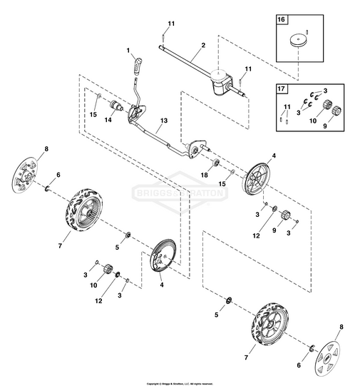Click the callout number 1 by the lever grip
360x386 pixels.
[x=128, y=51]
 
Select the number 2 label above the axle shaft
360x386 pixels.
[x=204, y=45]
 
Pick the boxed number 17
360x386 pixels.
[x=281, y=89]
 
